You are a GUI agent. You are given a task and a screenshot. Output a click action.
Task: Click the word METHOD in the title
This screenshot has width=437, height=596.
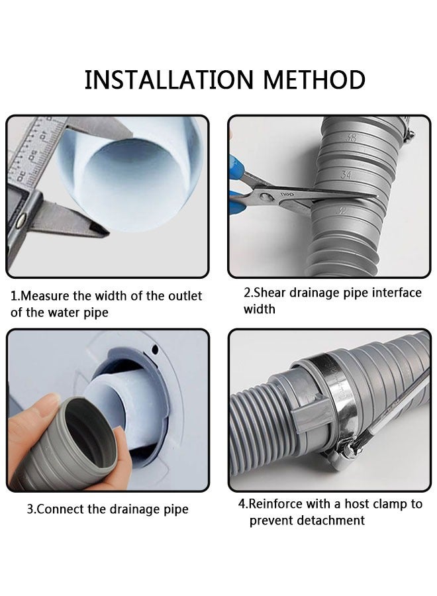click(x=315, y=79)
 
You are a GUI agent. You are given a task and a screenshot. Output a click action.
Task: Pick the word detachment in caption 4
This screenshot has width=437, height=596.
click(x=326, y=521)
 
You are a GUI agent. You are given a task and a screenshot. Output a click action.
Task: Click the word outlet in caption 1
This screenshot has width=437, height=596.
click(x=184, y=296)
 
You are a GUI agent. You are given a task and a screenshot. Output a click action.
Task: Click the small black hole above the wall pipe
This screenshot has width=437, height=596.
click(x=154, y=349)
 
